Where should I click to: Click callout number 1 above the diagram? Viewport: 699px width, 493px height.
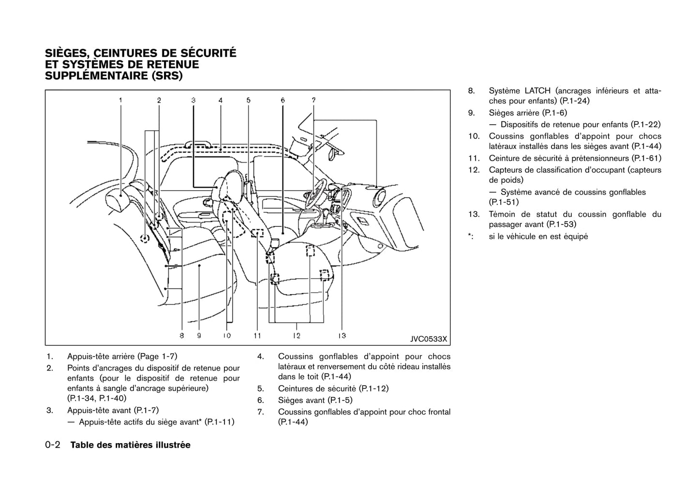pos(120,100)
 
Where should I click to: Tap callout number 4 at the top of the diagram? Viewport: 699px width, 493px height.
pos(220,100)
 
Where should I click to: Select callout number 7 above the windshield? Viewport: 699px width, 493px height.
pos(313,100)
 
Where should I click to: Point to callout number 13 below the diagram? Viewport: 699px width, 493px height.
pos(342,335)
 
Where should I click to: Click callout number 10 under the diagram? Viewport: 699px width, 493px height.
pos(227,335)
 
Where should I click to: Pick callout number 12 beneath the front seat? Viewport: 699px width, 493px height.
pos(296,335)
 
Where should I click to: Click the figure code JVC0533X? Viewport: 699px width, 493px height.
pos(429,339)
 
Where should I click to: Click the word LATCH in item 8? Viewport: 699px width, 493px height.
pos(537,91)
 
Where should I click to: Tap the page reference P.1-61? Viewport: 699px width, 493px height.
pos(646,158)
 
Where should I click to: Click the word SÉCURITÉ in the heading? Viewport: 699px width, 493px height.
pos(208,53)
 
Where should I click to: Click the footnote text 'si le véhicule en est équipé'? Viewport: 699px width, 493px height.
pos(538,237)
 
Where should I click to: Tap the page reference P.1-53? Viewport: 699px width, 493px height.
pos(561,224)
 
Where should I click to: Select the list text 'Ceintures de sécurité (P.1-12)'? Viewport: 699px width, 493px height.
pos(333,388)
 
